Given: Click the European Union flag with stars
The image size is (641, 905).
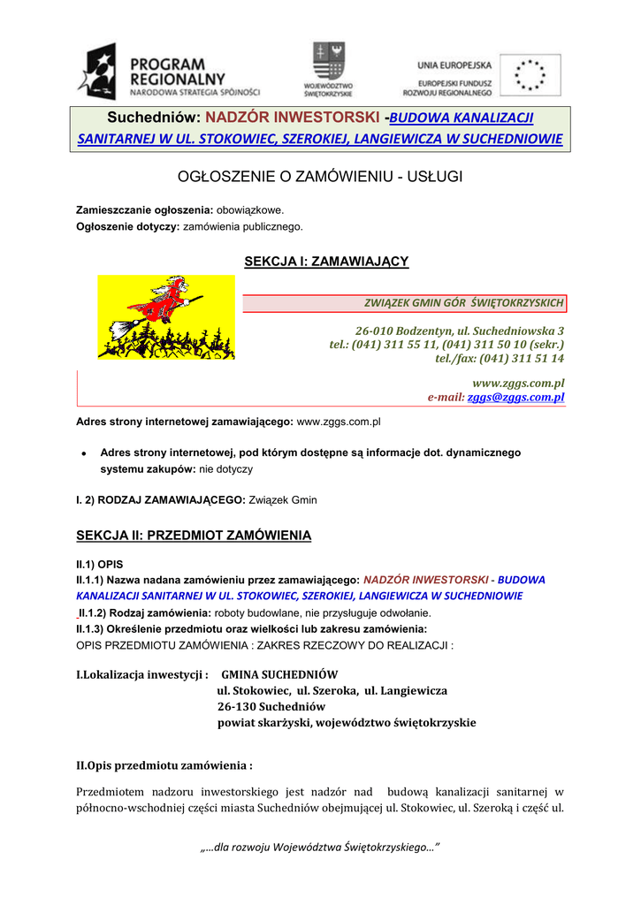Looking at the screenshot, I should tap(530, 74).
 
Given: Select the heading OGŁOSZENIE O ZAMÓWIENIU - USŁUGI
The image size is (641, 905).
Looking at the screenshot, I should tap(320, 178).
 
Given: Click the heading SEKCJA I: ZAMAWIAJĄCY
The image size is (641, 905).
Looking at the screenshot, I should tap(325, 261).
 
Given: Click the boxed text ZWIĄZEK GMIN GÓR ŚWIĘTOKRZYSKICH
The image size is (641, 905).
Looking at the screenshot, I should tap(463, 303).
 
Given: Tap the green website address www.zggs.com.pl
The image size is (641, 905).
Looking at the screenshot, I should tap(518, 383).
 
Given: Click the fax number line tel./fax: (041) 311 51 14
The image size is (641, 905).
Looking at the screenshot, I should tap(500, 358).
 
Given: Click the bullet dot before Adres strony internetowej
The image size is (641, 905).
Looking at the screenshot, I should tap(82, 453).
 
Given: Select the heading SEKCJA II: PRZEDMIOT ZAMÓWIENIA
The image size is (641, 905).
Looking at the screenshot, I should tap(194, 536).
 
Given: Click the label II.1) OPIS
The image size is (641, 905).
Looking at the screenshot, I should tap(99, 563).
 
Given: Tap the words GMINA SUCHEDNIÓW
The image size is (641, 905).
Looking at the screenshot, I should tap(279, 674).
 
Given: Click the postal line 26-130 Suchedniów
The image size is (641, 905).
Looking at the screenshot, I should tap(271, 706).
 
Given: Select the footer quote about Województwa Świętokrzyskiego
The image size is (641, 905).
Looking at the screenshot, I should tap(320, 848).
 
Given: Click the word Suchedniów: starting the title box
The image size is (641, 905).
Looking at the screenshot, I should tap(153, 118).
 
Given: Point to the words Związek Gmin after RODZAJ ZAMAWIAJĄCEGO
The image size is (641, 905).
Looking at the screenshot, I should tap(283, 500).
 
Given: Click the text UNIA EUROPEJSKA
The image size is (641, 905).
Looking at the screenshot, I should tap(454, 66).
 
